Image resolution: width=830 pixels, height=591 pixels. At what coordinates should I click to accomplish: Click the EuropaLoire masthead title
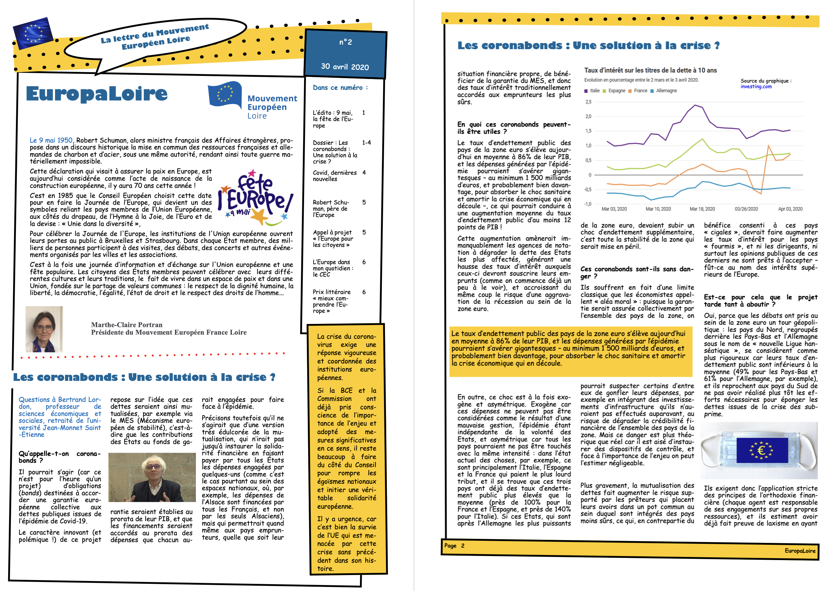tap(97, 94)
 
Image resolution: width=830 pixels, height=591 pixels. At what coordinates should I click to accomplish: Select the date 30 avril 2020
tap(345, 67)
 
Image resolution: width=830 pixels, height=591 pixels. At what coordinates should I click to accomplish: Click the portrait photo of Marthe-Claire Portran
tap(44, 329)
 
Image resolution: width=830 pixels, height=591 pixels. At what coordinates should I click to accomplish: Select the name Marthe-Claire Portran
tap(127, 325)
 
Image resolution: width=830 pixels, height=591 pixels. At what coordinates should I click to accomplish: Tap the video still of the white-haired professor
tap(152, 477)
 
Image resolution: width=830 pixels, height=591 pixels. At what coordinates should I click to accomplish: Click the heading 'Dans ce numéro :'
tap(340, 88)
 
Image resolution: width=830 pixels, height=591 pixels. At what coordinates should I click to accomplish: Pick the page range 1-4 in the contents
tap(366, 143)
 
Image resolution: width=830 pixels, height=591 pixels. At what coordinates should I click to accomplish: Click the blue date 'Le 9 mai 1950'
tap(51, 141)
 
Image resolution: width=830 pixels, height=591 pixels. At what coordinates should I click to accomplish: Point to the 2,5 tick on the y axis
tap(588, 102)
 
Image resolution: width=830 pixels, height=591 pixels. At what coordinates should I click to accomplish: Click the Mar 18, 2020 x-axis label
tap(702, 209)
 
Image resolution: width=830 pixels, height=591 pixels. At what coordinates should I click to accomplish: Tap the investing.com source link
tap(756, 87)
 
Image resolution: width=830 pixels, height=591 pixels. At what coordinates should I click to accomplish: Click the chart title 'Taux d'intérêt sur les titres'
tap(650, 70)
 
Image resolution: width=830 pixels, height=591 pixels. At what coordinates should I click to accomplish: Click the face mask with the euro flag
tap(759, 450)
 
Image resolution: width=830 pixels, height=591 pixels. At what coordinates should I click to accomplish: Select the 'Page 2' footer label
tap(454, 545)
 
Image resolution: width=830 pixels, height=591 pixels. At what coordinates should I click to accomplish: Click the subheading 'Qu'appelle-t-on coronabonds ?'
tap(59, 457)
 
